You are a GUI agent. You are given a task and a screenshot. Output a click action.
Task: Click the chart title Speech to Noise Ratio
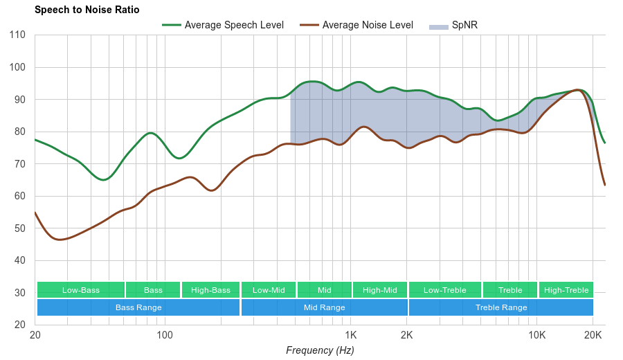click(87, 10)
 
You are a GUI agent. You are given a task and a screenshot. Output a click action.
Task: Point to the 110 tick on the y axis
click(17, 35)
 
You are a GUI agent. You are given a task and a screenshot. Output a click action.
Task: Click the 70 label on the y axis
click(20, 164)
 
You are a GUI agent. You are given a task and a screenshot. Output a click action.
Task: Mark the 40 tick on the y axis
click(20, 260)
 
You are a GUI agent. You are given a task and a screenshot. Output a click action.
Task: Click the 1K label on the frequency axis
click(350, 336)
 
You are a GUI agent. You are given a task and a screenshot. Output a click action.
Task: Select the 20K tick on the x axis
click(593, 336)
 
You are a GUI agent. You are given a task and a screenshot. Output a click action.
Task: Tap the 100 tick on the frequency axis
click(164, 336)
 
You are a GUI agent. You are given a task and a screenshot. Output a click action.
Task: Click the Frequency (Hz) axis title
click(320, 350)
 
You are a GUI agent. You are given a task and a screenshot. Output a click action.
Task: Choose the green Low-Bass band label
click(81, 290)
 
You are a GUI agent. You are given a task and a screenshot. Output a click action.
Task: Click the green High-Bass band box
click(210, 290)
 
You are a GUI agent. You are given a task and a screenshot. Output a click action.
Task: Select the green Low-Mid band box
click(269, 290)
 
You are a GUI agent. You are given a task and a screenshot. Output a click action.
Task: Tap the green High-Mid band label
click(380, 290)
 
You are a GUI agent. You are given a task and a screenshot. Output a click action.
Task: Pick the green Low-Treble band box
click(445, 290)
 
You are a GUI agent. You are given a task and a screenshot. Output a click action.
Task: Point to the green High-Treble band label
click(566, 290)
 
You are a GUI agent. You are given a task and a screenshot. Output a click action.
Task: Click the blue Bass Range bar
click(138, 307)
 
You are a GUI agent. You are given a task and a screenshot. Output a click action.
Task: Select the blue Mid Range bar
click(324, 307)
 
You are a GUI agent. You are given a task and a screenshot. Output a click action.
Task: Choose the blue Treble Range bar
click(501, 307)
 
